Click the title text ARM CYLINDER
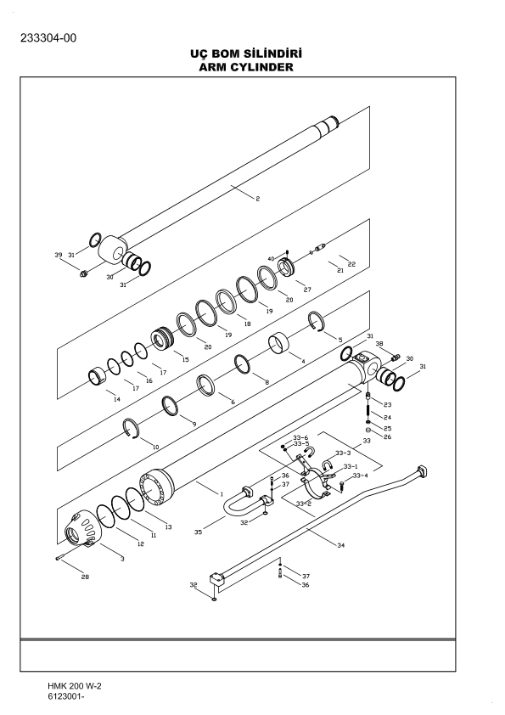click(251, 66)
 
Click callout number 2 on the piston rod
click(257, 199)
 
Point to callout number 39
click(59, 255)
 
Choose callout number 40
click(272, 258)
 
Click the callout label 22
click(351, 264)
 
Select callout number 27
click(307, 290)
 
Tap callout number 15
click(185, 360)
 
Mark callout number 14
click(116, 398)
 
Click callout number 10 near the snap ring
click(154, 446)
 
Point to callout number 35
click(199, 532)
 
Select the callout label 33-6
click(300, 436)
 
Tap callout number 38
click(379, 344)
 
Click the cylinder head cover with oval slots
click(85, 533)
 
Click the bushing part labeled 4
click(281, 346)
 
